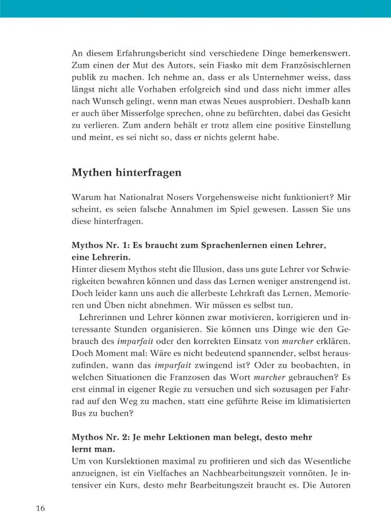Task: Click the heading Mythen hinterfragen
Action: tap(126, 172)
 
